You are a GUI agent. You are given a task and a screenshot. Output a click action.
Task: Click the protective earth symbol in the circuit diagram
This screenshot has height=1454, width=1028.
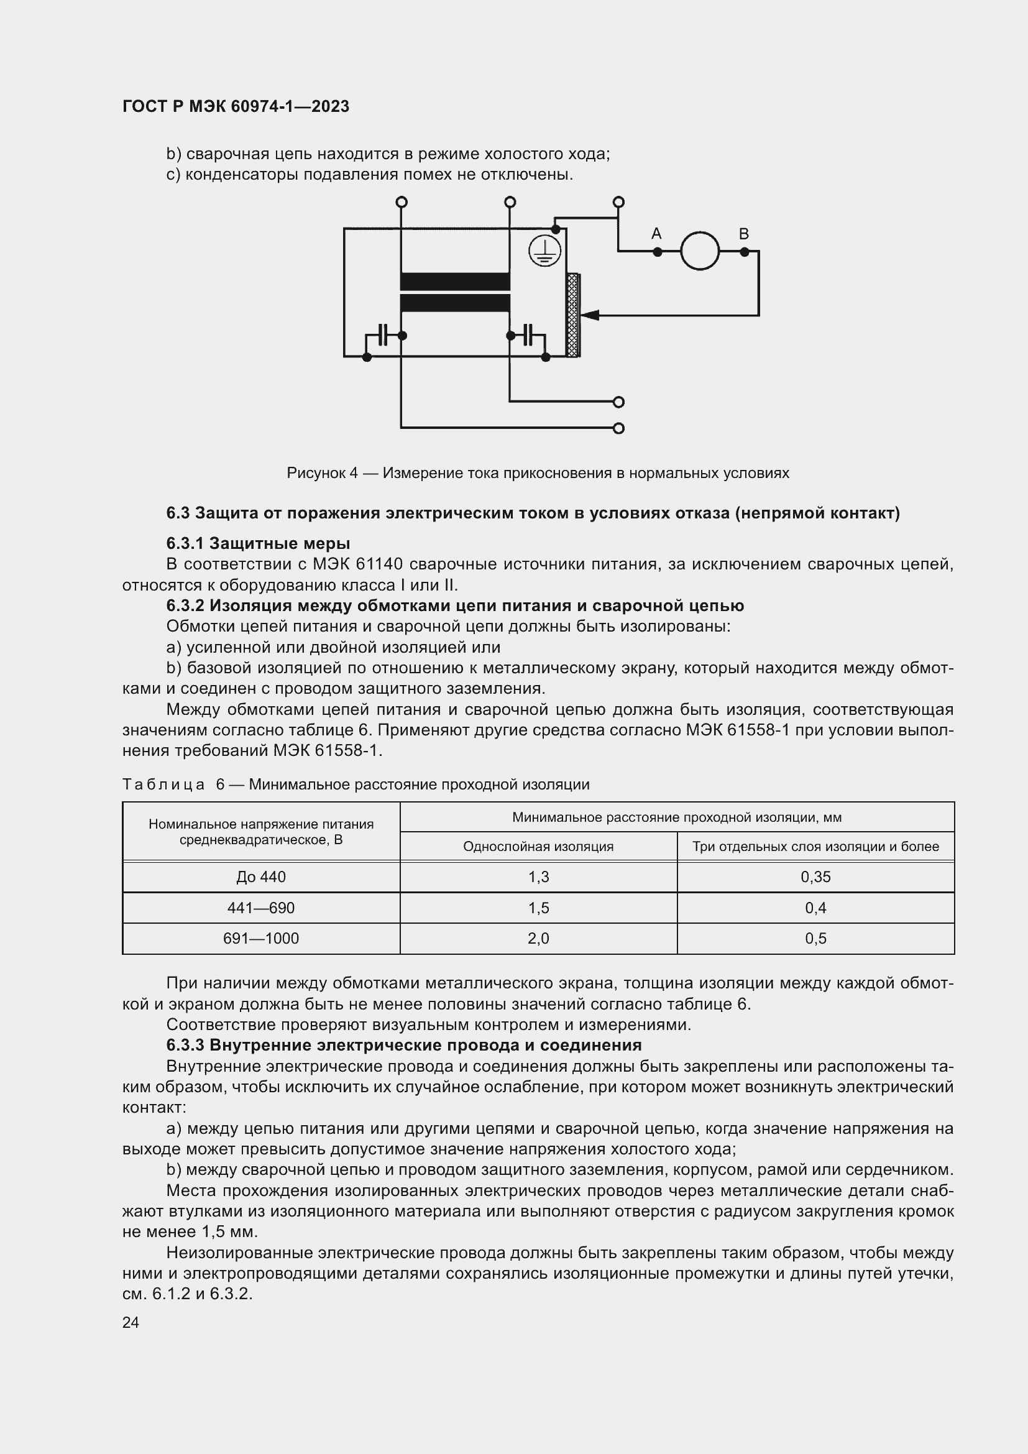pyautogui.click(x=544, y=251)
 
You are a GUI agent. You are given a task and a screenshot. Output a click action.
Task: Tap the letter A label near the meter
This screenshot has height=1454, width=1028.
pyautogui.click(x=656, y=234)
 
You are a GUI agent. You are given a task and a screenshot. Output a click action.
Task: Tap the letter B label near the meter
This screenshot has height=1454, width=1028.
pyautogui.click(x=744, y=234)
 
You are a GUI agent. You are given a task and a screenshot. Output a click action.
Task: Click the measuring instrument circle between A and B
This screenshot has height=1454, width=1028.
pyautogui.click(x=699, y=251)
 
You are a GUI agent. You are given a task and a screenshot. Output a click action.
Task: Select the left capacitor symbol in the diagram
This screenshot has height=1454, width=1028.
pyautogui.click(x=382, y=335)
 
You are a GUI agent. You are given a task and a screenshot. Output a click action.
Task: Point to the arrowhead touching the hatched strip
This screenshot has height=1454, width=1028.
pyautogui.click(x=588, y=315)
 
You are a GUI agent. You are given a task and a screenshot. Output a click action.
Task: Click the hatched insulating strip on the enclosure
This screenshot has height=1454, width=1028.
pyautogui.click(x=574, y=315)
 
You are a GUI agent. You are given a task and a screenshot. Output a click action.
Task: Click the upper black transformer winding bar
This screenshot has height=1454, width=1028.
pyautogui.click(x=454, y=281)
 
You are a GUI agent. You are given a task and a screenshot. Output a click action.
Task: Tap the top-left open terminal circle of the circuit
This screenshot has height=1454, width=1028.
pyautogui.click(x=401, y=202)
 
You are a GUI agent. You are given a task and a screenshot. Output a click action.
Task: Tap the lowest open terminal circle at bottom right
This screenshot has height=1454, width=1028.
pyautogui.click(x=619, y=428)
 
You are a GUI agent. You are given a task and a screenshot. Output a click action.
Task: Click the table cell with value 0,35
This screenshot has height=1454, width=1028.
pyautogui.click(x=815, y=877)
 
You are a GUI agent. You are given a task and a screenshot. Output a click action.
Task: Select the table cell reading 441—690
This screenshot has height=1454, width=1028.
pyautogui.click(x=261, y=908)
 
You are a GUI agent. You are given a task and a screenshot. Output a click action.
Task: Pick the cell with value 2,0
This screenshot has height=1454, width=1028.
pyautogui.click(x=538, y=938)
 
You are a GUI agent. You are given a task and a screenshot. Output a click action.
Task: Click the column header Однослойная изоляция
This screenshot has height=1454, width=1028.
pyautogui.click(x=538, y=846)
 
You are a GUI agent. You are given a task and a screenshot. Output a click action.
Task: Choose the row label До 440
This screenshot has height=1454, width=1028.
pyautogui.click(x=261, y=877)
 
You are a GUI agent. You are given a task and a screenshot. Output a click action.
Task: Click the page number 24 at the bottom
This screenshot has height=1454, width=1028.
pyautogui.click(x=131, y=1322)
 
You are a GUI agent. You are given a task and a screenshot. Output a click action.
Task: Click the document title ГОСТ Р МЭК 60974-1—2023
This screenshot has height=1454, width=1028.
pyautogui.click(x=236, y=106)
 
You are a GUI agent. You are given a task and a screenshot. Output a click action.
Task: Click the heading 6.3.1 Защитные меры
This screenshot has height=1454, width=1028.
pyautogui.click(x=258, y=543)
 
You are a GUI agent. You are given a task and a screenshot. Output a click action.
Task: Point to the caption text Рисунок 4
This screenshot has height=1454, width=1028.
pyautogui.click(x=322, y=472)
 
